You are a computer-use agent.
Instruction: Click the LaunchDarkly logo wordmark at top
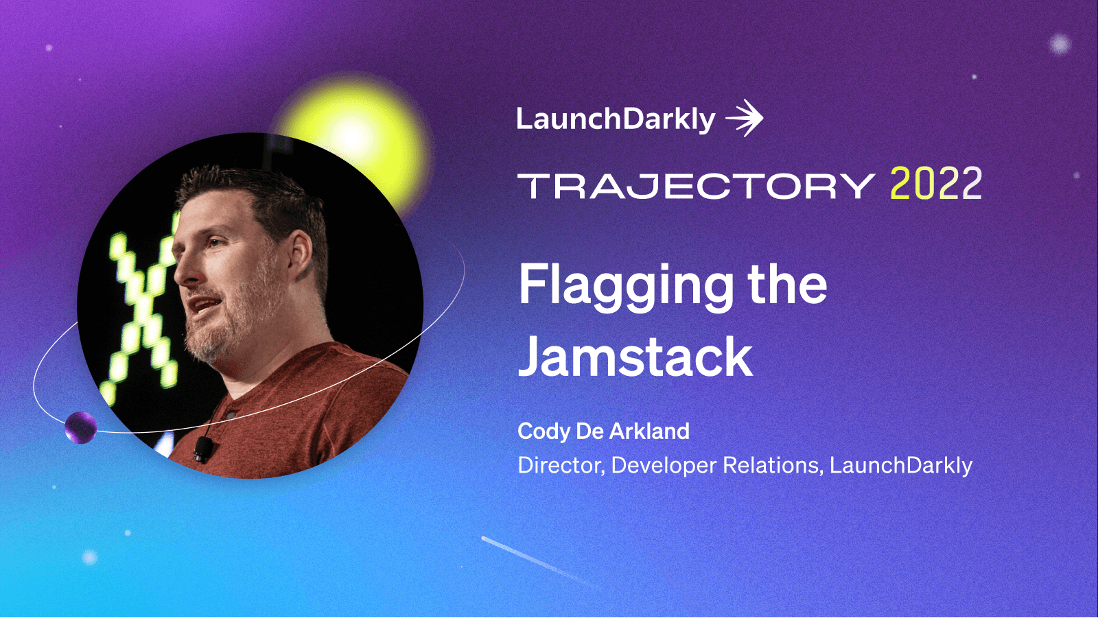(x=616, y=119)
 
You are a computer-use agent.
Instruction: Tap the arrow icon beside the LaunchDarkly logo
(x=745, y=119)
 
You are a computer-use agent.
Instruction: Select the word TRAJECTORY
(x=696, y=186)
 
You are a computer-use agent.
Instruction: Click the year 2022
(x=935, y=184)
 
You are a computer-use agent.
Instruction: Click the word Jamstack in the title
(x=635, y=357)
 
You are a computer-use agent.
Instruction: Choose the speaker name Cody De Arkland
(x=603, y=431)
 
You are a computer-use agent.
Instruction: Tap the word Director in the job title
(x=560, y=466)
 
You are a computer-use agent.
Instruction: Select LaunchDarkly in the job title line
(x=900, y=466)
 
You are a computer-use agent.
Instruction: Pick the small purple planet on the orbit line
(x=80, y=427)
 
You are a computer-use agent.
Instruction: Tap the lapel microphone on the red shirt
(x=203, y=449)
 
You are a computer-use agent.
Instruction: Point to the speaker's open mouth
(x=204, y=305)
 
